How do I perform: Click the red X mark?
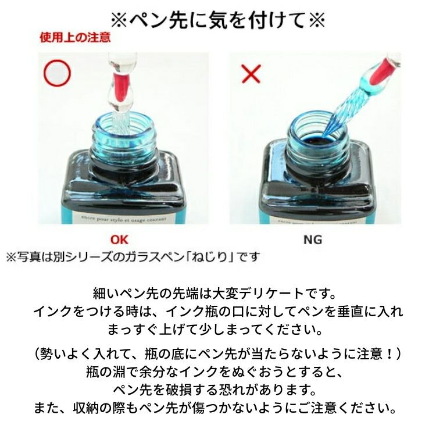(251, 74)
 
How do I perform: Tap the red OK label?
(119, 240)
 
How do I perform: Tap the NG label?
(313, 240)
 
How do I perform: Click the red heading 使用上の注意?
(75, 37)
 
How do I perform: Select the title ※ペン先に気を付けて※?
(218, 20)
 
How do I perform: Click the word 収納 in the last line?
(86, 408)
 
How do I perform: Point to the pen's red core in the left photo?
(121, 87)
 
